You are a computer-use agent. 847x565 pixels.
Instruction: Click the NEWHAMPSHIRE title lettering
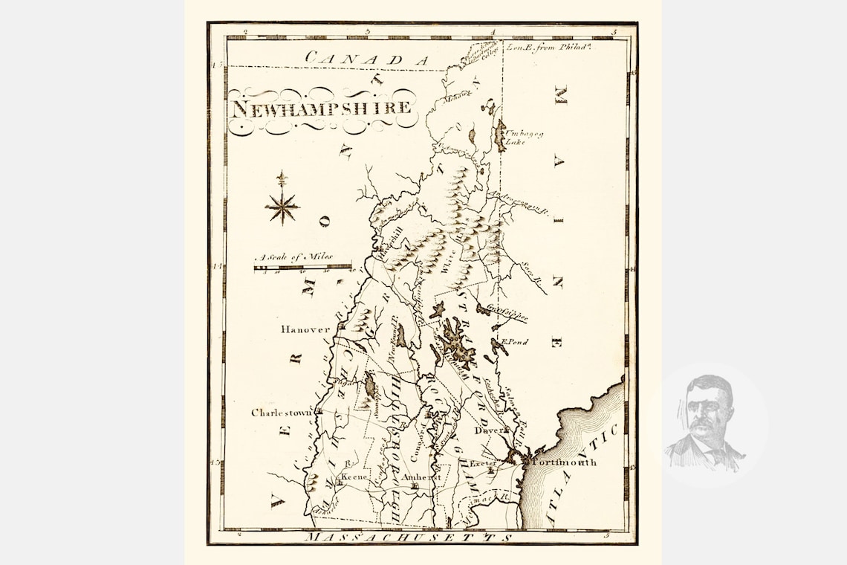321,108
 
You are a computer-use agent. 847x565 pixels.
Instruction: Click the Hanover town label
305,329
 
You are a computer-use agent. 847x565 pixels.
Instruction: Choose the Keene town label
354,477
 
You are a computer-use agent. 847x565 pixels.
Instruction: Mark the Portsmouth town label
564,462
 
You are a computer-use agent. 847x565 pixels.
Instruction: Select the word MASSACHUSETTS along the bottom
410,537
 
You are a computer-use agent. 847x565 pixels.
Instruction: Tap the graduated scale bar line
302,267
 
